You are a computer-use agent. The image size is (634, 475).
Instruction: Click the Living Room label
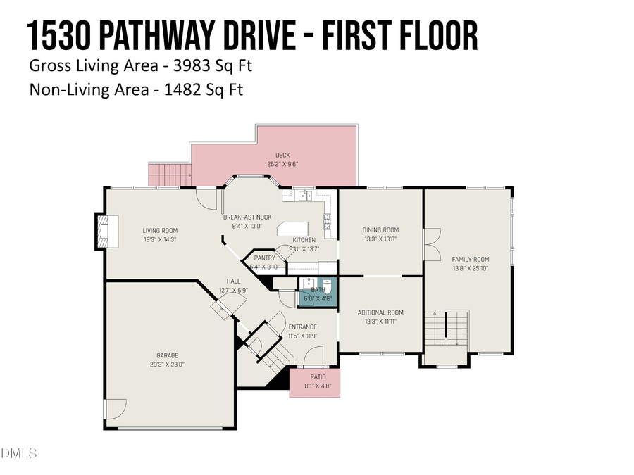point(160,230)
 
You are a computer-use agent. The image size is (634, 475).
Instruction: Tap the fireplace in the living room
point(104,231)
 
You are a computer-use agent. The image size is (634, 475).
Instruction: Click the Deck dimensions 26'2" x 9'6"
point(282,164)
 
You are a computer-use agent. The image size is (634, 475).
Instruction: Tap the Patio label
point(314,377)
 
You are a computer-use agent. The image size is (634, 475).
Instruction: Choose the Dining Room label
point(380,230)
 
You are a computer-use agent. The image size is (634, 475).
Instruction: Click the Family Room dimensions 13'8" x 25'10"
point(470,268)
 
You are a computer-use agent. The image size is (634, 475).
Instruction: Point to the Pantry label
point(264,258)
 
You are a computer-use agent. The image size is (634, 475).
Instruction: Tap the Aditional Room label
point(380,312)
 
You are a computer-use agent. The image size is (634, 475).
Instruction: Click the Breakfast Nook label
point(247,217)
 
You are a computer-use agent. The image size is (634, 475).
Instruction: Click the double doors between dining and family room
point(430,241)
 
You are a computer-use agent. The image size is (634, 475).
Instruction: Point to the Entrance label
point(302,327)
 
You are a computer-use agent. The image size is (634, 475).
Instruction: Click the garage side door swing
point(114,410)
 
